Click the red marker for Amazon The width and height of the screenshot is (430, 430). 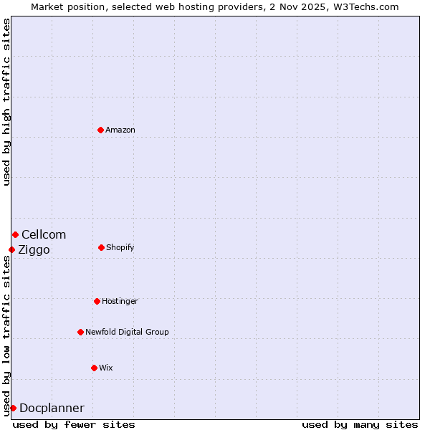(100, 130)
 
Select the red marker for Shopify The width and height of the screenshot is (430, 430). (101, 247)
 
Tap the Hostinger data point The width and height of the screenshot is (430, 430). (97, 301)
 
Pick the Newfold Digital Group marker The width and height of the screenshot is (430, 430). (80, 332)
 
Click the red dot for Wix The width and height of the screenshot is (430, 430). (94, 368)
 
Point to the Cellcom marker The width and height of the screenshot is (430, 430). (15, 234)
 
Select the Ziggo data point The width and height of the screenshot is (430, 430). (11, 249)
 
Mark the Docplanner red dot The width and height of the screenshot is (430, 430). (13, 408)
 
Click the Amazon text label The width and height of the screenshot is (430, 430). (120, 130)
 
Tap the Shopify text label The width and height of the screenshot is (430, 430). (120, 247)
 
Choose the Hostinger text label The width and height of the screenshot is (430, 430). (120, 301)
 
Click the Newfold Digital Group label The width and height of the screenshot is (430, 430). (127, 332)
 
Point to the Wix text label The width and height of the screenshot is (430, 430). (106, 368)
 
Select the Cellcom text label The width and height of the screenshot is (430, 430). (44, 234)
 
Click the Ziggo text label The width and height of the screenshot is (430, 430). (34, 249)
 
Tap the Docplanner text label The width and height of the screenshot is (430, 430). (52, 408)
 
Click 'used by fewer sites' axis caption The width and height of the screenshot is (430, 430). (74, 424)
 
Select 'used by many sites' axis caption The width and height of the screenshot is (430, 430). (360, 424)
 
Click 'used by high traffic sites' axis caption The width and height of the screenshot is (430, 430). (6, 102)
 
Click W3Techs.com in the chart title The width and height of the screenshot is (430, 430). (363, 6)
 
